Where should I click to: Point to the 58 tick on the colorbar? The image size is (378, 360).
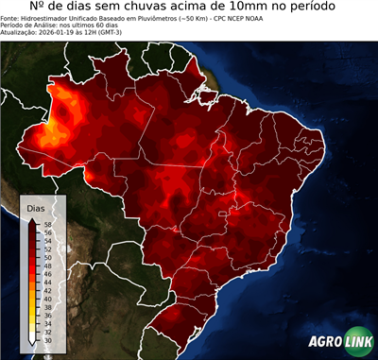click(47, 224)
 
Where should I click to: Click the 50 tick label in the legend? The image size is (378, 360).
click(47, 254)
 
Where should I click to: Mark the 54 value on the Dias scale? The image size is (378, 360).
click(47, 239)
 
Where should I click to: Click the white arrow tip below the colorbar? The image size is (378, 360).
click(33, 336)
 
